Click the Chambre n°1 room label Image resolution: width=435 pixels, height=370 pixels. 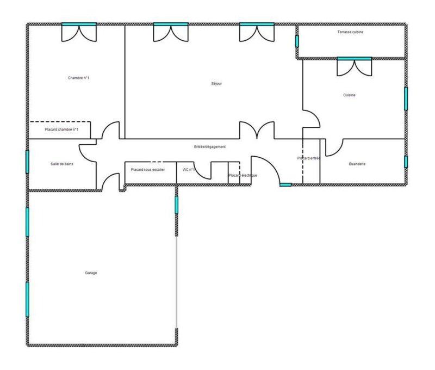click(78, 78)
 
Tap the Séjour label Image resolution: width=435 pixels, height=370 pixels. click(216, 84)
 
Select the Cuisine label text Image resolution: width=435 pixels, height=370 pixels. click(349, 95)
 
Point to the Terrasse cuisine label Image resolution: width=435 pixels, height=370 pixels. click(350, 32)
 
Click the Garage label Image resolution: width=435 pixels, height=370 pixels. click(91, 273)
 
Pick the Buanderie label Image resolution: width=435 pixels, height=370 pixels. click(357, 164)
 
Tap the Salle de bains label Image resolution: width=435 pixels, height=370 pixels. click(62, 164)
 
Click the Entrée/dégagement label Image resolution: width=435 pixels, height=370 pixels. click(210, 147)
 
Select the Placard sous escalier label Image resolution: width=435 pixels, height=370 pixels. click(147, 170)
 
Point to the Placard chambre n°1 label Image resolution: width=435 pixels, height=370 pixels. click(61, 129)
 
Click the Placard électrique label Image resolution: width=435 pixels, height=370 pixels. click(243, 175)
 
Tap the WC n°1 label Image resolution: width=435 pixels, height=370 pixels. click(189, 170)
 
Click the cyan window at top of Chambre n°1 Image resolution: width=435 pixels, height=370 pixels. click(79, 24)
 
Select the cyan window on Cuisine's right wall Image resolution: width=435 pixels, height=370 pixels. click(406, 98)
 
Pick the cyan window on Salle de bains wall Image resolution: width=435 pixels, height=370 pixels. click(27, 162)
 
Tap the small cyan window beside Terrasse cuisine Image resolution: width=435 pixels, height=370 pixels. click(297, 41)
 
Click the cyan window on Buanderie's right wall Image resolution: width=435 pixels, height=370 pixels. click(406, 162)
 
